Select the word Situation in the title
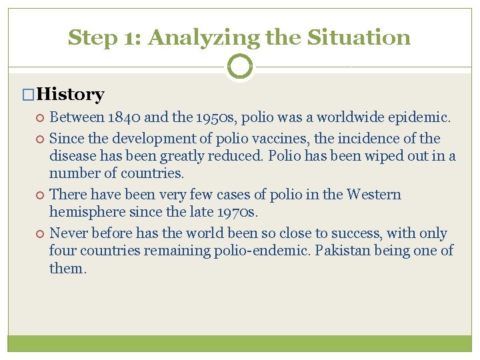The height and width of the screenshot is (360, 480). (x=359, y=37)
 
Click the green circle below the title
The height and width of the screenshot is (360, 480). (x=240, y=67)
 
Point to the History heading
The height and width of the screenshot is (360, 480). (x=71, y=95)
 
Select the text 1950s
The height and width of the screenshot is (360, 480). (x=216, y=118)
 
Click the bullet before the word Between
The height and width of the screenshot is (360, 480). (x=41, y=119)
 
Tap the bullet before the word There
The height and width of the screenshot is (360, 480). (x=41, y=195)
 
